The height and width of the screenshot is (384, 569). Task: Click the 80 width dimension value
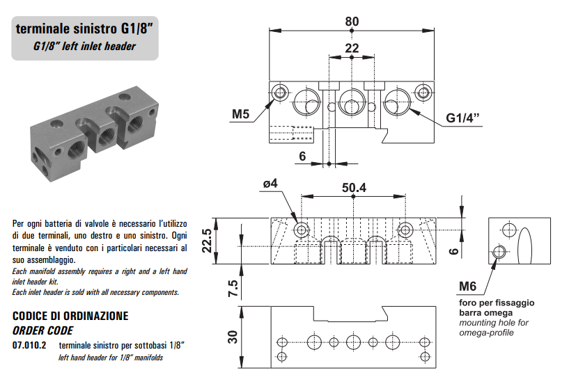coord(352,21)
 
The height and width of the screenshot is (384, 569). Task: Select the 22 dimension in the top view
coord(352,48)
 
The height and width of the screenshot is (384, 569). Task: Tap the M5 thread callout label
coord(241,113)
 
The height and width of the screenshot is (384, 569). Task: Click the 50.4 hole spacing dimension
coord(354,187)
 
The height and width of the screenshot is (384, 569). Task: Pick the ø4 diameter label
coord(270,183)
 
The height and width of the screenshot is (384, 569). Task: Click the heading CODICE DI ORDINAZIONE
coord(70,316)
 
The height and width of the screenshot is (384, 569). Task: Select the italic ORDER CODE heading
coord(42,330)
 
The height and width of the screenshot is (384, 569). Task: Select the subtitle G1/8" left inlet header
coord(84,47)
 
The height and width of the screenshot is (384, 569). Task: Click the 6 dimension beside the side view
coord(452,250)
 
